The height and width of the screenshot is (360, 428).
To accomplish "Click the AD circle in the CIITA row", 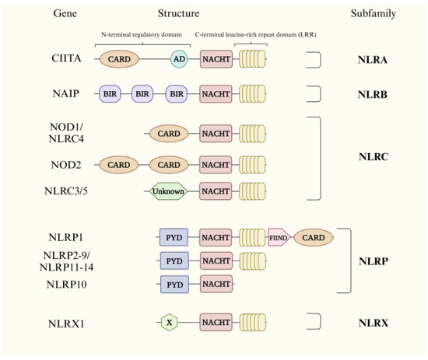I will click(x=180, y=59).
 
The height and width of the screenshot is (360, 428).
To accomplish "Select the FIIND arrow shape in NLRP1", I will click(x=278, y=237).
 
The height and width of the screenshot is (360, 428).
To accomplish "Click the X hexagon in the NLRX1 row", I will click(x=168, y=320).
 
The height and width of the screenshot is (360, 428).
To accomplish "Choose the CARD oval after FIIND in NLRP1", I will click(x=313, y=237).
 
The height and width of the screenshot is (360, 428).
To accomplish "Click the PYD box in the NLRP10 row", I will click(x=174, y=284).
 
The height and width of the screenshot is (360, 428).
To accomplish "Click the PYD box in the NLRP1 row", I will click(x=174, y=237).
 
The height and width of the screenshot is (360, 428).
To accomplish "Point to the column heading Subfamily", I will click(x=370, y=14).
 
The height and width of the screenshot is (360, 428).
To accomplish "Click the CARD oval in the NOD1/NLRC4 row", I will click(x=168, y=134).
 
